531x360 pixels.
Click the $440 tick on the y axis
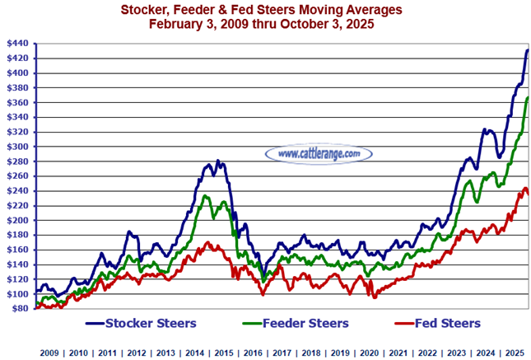pyautogui.click(x=16, y=43)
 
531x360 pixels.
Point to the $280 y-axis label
pyautogui.click(x=16, y=161)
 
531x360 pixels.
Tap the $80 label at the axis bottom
pyautogui.click(x=18, y=309)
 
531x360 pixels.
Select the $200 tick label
pyautogui.click(x=16, y=221)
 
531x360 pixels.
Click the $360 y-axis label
pyautogui.click(x=16, y=102)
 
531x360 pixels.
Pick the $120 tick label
pyautogui.click(x=16, y=279)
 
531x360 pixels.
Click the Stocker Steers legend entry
pyautogui.click(x=157, y=323)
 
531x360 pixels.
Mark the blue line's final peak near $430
pyautogui.click(x=527, y=51)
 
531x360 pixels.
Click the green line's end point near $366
pyautogui.click(x=527, y=97)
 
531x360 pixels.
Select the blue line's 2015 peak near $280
pyautogui.click(x=217, y=161)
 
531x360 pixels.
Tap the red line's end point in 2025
pyautogui.click(x=527, y=193)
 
